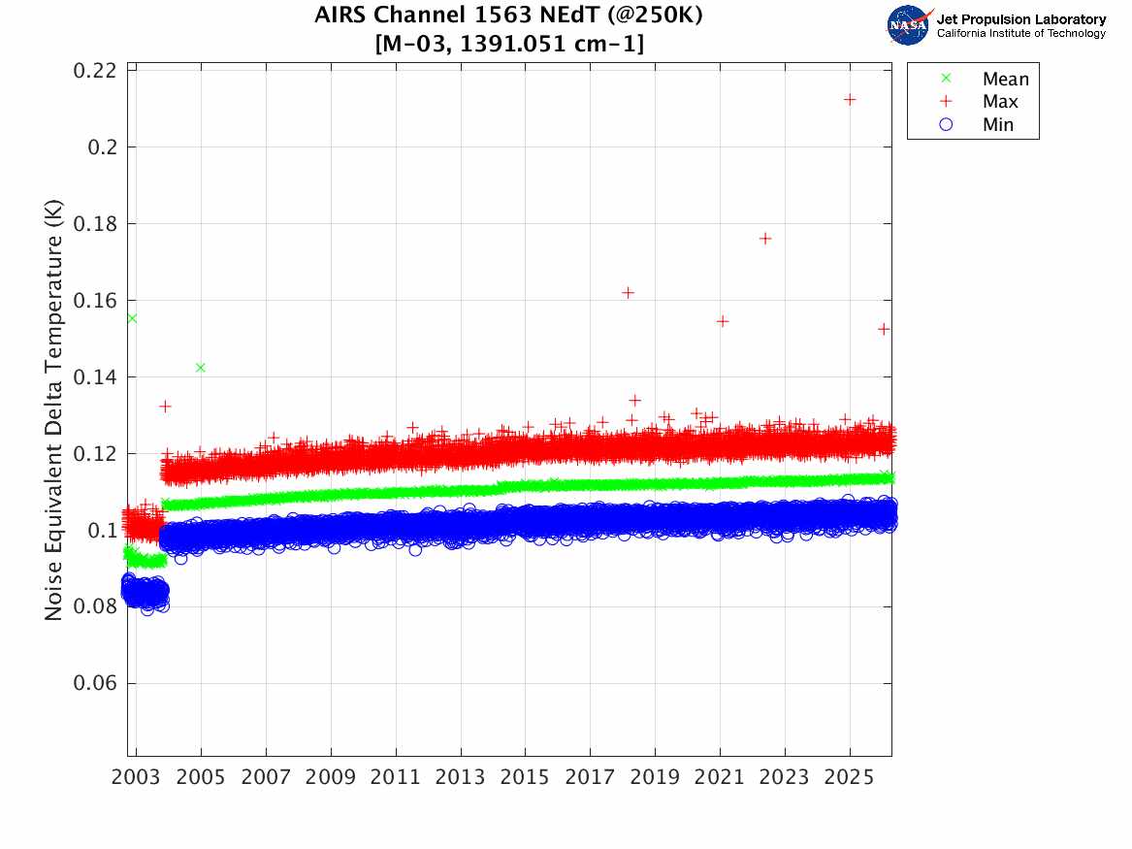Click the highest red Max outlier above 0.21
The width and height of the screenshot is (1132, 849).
click(850, 99)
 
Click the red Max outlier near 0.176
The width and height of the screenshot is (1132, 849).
click(764, 239)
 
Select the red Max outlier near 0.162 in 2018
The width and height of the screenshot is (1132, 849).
click(628, 292)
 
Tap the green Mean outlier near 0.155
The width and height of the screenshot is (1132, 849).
click(131, 318)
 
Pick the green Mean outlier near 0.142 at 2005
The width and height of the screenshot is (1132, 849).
click(200, 367)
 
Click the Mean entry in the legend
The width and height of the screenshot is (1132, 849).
click(1005, 79)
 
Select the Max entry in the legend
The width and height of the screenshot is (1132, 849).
click(999, 101)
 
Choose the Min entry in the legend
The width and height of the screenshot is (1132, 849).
click(997, 124)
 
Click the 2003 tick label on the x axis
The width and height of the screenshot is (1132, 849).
click(137, 778)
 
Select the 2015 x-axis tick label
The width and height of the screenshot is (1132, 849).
click(525, 778)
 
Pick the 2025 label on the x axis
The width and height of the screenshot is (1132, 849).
click(849, 778)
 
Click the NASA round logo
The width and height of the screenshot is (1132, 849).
click(909, 24)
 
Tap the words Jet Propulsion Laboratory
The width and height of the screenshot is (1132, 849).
click(1020, 18)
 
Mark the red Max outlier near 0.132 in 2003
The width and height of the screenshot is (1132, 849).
click(165, 406)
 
